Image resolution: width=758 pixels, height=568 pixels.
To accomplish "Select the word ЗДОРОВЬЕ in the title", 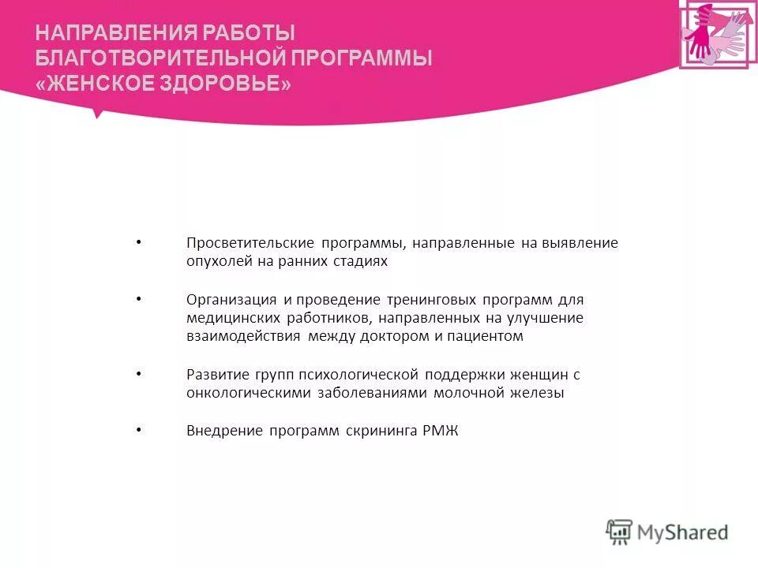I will (x=232, y=84).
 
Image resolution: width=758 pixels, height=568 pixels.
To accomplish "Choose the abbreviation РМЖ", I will (x=441, y=431).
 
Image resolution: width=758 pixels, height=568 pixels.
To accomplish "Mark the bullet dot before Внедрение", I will (x=138, y=430).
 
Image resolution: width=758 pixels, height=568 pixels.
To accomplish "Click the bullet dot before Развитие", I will (x=138, y=374).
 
